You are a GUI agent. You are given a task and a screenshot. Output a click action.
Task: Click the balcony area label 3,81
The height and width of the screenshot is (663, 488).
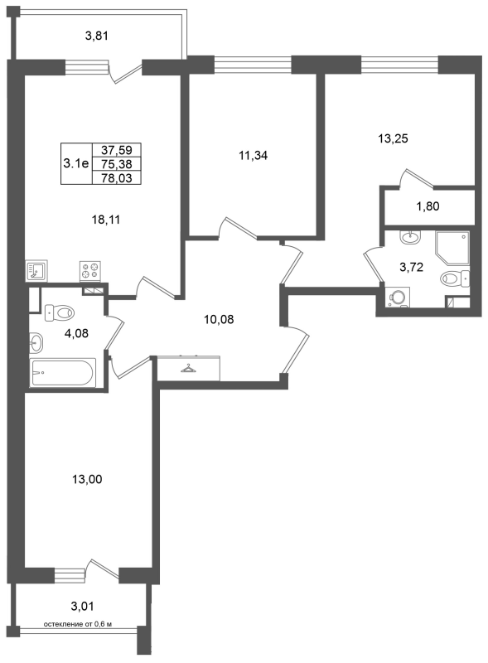tap(97, 36)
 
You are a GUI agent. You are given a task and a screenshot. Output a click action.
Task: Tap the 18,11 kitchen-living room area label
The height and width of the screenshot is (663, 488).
tap(106, 220)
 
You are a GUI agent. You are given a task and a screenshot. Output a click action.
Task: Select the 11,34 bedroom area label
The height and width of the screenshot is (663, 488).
tap(254, 156)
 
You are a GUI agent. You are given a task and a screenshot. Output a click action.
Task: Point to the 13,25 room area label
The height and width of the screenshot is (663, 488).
tap(393, 138)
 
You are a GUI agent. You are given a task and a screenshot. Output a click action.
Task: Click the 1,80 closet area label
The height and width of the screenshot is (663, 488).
tap(428, 206)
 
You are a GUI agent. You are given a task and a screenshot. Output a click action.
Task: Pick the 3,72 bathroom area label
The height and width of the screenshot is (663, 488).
tap(412, 267)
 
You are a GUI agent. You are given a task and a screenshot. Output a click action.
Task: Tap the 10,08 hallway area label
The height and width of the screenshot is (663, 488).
tap(219, 319)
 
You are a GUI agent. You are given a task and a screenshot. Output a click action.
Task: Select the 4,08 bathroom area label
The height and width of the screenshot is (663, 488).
tap(76, 334)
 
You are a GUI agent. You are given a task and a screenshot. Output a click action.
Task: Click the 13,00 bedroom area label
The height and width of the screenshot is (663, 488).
tap(87, 480)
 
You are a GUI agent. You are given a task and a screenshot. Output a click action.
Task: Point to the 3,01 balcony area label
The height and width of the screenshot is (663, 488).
tap(82, 607)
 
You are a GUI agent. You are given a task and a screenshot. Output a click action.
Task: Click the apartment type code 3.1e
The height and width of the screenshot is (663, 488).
tap(76, 163)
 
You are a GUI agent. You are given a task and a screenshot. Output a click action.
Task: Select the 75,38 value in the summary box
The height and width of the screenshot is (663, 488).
tap(117, 164)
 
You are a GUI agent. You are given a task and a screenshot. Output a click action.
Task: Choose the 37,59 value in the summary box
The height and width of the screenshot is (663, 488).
tap(117, 150)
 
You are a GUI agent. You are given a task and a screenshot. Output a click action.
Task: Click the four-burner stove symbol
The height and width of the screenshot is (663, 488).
tap(90, 271)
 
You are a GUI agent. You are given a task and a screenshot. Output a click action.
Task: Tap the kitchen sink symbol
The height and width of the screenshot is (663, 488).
tap(36, 271)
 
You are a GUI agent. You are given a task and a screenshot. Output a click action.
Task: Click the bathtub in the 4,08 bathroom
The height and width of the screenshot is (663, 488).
tap(63, 372)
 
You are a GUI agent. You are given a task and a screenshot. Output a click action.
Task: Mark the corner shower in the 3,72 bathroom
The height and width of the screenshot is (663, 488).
tap(452, 247)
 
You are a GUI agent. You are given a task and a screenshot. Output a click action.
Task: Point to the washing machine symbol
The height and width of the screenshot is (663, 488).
tap(398, 298)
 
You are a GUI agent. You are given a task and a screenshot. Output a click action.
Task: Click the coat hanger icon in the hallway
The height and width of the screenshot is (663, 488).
tap(189, 369)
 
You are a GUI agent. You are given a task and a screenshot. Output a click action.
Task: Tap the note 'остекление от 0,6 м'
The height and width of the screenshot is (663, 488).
tap(78, 624)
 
